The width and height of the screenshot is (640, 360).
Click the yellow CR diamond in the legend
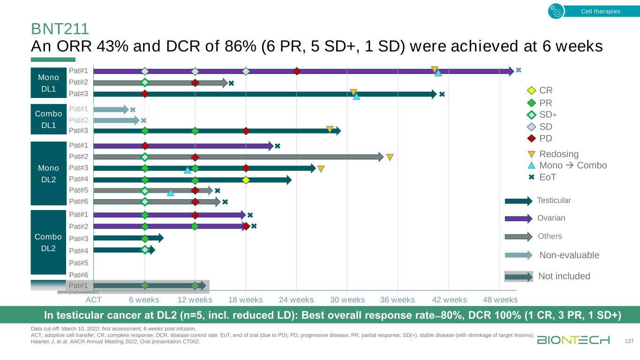click(531, 90)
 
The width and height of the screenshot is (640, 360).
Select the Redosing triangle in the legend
click(531, 154)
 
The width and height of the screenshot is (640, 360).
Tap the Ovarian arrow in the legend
click(519, 218)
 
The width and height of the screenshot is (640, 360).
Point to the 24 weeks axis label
click(296, 300)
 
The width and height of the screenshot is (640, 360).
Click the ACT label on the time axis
click(94, 300)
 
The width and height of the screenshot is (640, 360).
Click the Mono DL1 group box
click(49, 83)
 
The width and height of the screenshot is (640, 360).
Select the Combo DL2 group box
click(48, 242)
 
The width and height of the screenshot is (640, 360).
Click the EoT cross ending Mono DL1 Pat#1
click(519, 70)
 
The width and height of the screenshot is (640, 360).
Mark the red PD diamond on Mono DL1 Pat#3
click(145, 94)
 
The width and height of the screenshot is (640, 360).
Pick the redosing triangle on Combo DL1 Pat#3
click(330, 129)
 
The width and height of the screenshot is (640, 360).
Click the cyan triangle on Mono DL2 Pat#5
click(171, 192)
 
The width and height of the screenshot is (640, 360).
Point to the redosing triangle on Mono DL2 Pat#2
click(390, 157)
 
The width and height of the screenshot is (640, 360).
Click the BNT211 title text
click(60, 29)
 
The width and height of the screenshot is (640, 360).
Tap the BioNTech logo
click(573, 340)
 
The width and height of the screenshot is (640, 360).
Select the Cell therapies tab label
click(600, 11)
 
